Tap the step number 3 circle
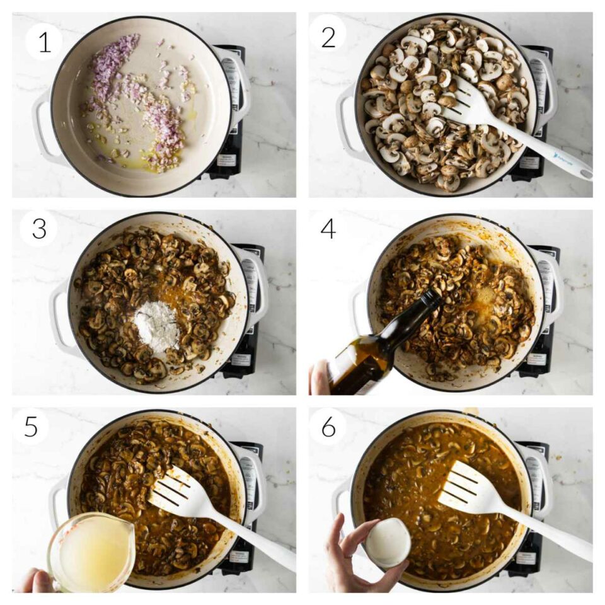point(39,228)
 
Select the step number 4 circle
point(328,228)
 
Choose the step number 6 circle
point(328,427)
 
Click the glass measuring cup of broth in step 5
point(91,551)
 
